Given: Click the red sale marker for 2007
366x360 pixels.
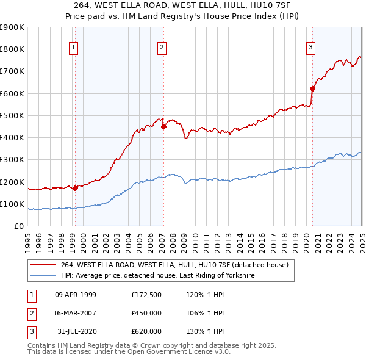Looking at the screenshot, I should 163,127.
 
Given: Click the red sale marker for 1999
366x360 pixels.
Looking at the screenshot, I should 75,189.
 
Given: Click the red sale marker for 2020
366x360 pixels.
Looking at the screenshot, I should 312,88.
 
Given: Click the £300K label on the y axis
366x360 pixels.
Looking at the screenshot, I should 12,160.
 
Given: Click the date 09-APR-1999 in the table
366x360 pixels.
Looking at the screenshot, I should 76,295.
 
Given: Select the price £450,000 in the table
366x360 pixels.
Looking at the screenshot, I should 146,313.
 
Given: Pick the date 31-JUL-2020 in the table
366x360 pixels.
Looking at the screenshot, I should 76,331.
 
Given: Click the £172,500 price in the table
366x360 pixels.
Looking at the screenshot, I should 146,295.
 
